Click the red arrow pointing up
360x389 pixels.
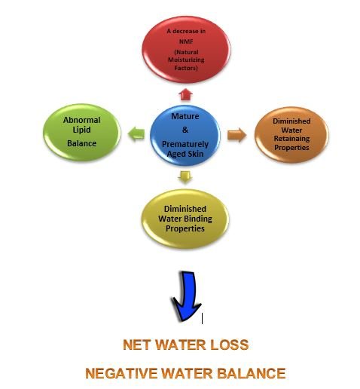click(x=185, y=94)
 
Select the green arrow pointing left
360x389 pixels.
click(x=136, y=133)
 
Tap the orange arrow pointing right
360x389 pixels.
click(x=236, y=135)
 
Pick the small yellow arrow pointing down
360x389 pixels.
click(x=185, y=177)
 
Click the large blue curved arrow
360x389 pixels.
click(x=187, y=296)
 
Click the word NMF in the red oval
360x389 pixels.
click(x=186, y=41)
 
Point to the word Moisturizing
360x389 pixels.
click(x=186, y=60)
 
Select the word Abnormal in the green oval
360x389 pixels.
click(x=81, y=120)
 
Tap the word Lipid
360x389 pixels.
click(x=81, y=130)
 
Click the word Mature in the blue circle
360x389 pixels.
click(x=185, y=116)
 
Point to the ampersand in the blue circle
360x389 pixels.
click(x=185, y=130)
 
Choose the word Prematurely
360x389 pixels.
click(x=185, y=144)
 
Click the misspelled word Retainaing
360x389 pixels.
click(x=291, y=139)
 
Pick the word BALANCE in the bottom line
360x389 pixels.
click(x=252, y=373)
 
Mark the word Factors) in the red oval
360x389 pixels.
click(x=186, y=68)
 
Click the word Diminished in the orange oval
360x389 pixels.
click(x=291, y=121)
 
